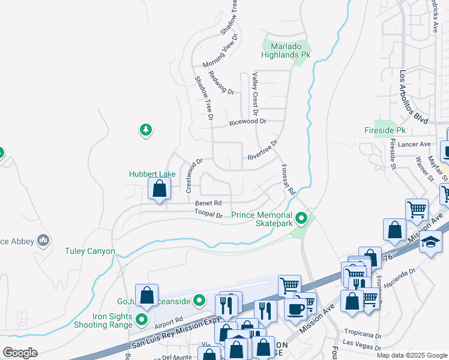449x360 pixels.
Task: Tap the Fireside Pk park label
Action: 385,130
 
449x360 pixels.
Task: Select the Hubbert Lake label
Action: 152,174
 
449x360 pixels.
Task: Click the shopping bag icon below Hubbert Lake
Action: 159,189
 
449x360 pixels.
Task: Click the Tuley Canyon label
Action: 90,251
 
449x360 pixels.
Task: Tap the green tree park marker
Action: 145,130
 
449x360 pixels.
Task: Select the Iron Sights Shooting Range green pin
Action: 142,319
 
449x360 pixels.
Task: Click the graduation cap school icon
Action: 430,242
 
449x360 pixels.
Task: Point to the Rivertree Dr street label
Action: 263,151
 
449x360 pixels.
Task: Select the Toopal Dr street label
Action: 208,214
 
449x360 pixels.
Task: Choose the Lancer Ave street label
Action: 417,145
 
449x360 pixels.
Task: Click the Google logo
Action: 20,352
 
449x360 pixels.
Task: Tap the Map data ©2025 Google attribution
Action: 412,355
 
